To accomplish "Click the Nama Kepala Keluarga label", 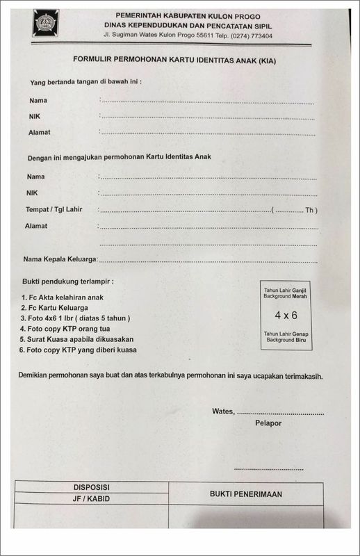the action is [60, 259].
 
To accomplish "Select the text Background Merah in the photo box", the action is [286, 296].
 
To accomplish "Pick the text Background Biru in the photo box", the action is [286, 340].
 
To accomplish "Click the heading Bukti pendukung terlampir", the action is [67, 281].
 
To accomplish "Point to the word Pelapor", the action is [268, 423].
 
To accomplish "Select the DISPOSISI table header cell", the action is [92, 487].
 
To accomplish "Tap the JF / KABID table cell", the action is [92, 499].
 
